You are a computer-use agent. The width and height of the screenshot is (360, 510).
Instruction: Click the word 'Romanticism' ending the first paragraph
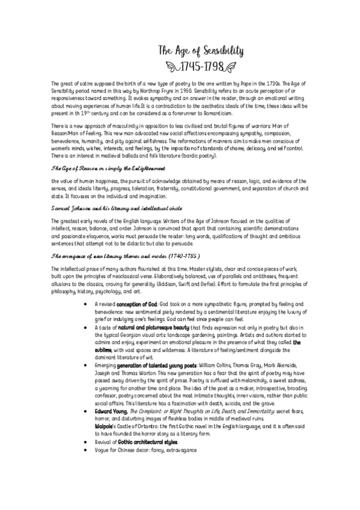215,113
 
